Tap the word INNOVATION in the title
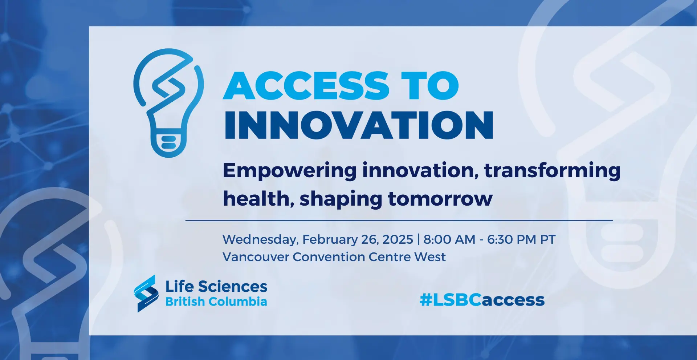359,125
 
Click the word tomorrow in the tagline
440,199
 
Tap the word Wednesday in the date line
261,240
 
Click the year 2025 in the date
398,240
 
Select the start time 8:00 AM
449,240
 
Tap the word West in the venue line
430,257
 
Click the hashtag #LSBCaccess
482,300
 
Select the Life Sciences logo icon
146,294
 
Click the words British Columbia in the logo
216,302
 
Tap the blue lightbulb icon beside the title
169,103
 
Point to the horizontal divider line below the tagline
399,220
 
